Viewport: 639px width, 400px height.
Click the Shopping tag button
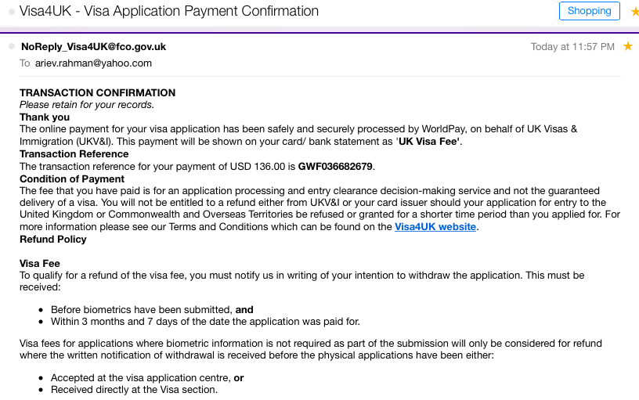589,11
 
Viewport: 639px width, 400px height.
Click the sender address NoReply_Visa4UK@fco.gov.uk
93,47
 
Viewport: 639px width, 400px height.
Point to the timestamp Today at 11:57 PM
572,47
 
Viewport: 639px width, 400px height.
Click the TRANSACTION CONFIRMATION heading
97,93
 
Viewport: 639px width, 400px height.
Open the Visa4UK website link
435,227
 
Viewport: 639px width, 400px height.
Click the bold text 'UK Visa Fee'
429,142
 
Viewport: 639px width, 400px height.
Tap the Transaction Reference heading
74,154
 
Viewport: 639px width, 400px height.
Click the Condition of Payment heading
72,178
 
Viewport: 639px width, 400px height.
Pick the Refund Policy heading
52,240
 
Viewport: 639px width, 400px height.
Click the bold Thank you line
45,117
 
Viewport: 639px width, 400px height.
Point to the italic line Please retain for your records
87,105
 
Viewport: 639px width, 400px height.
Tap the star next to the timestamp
628,47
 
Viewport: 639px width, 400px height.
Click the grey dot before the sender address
12,47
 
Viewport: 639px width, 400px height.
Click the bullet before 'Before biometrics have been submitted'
41,310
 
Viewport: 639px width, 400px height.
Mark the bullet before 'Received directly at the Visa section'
41,390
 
